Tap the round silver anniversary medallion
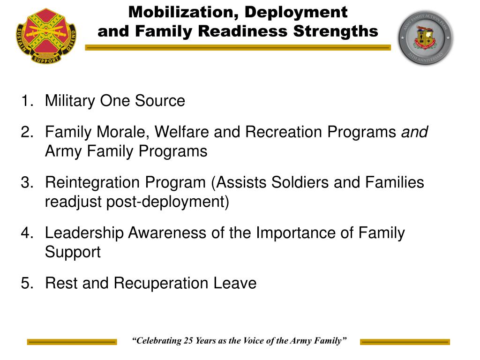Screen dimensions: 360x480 (x=426, y=38)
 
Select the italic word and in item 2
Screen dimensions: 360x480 (x=414, y=132)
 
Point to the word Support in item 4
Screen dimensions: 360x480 (x=73, y=252)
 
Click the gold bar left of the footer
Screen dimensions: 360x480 (x=72, y=342)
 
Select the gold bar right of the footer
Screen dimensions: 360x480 (x=405, y=342)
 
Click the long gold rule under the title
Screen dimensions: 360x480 (x=238, y=47)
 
